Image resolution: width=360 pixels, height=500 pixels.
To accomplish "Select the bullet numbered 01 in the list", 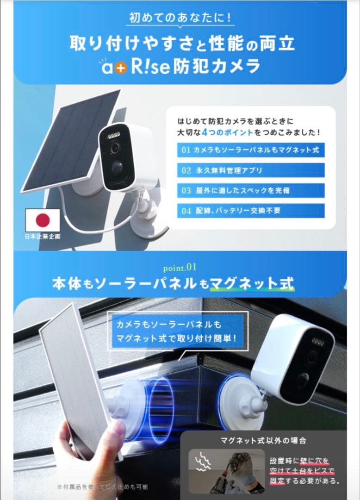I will pos(250,150).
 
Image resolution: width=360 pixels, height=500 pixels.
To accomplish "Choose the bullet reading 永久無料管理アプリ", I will pos(250,170).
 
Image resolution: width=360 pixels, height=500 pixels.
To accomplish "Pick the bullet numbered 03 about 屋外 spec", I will pos(250,190).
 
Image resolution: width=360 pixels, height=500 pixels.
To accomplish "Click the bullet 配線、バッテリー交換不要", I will pos(250,211).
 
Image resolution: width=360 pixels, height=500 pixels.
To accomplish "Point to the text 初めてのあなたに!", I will pos(180,19).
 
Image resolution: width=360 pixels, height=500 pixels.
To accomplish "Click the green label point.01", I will pos(180,267).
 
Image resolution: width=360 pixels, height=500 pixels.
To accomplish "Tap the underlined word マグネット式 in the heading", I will pos(252,284).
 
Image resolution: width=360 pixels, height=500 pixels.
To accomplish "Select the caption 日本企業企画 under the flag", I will pos(43,236).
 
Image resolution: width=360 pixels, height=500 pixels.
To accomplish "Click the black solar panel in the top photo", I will pos(69,139).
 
